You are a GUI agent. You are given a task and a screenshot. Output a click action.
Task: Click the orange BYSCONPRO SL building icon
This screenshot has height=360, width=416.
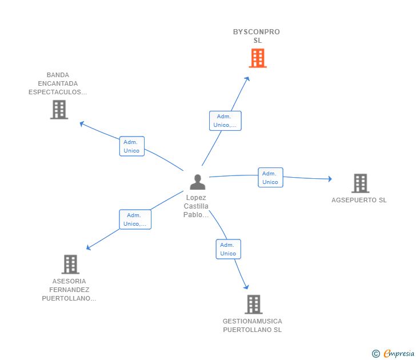[x=258, y=58]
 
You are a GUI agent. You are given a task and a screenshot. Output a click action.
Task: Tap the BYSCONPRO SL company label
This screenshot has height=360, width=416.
[x=257, y=36]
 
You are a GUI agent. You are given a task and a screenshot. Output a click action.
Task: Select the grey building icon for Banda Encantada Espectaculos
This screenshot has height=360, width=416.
[x=59, y=109]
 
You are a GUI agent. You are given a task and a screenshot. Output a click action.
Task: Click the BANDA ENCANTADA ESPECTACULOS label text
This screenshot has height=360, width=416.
[x=58, y=83]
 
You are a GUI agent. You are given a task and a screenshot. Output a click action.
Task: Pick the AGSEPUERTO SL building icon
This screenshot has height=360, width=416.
[x=360, y=183]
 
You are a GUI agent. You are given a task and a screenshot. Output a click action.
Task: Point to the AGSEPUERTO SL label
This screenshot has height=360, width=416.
[x=359, y=200]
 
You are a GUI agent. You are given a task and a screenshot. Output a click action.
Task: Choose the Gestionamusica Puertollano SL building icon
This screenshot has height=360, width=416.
[x=254, y=304]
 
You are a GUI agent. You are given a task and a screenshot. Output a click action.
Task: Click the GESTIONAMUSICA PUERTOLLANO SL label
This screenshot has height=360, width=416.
[x=252, y=325]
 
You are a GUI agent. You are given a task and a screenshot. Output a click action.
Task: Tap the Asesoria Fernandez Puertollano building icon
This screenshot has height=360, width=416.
[x=70, y=264]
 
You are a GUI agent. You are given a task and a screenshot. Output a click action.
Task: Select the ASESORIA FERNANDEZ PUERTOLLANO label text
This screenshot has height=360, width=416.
[x=69, y=290]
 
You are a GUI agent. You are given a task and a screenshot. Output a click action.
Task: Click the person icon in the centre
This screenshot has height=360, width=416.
[x=197, y=182]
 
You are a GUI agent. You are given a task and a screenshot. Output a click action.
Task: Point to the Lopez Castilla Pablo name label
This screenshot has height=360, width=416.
[x=196, y=206]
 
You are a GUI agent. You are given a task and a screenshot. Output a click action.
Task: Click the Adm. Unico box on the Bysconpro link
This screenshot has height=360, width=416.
[x=225, y=121]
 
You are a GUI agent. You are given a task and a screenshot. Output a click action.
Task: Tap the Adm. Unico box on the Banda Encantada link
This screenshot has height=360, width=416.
[x=131, y=146]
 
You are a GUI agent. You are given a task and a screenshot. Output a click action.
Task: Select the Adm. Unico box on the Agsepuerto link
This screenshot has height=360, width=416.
[x=270, y=178]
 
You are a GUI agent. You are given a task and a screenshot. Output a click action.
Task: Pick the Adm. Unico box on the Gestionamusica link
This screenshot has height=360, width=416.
[x=228, y=249]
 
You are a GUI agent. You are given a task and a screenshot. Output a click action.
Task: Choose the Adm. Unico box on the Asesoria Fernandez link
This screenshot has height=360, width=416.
[x=135, y=219]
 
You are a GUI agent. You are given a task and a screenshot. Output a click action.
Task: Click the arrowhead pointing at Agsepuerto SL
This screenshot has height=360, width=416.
[x=329, y=179]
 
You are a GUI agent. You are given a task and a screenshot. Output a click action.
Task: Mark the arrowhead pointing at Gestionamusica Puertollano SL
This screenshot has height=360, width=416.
[x=246, y=286]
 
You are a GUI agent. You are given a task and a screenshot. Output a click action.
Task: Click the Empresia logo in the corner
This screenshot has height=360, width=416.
[x=394, y=354]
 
